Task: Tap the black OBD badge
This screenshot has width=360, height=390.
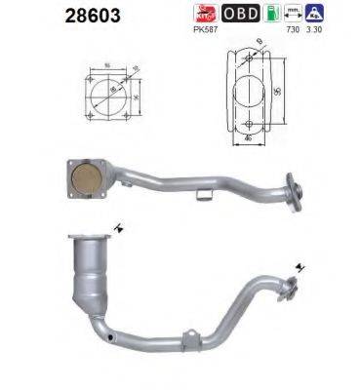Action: click(239, 14)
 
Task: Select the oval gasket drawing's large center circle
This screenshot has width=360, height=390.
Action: click(252, 96)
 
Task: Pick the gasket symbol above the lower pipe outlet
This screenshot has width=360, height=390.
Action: click(298, 264)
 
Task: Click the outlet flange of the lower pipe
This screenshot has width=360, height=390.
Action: click(288, 289)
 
